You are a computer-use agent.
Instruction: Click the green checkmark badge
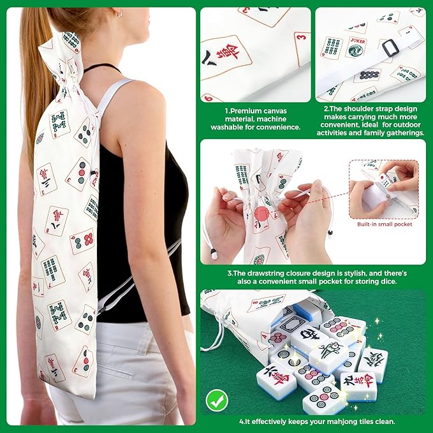pyautogui.click(x=217, y=400)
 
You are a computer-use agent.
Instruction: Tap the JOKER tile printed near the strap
pyautogui.click(x=356, y=47)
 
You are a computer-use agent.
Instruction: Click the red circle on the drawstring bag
pyautogui.click(x=261, y=214)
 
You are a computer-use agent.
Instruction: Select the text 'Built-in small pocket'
pyautogui.click(x=385, y=224)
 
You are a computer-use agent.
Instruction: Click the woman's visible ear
pyautogui.click(x=119, y=12)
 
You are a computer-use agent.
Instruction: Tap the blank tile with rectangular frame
pyautogui.click(x=293, y=323)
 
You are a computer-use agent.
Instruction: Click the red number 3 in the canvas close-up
pyautogui.click(x=302, y=37)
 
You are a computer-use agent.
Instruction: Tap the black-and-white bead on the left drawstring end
pyautogui.click(x=214, y=254)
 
